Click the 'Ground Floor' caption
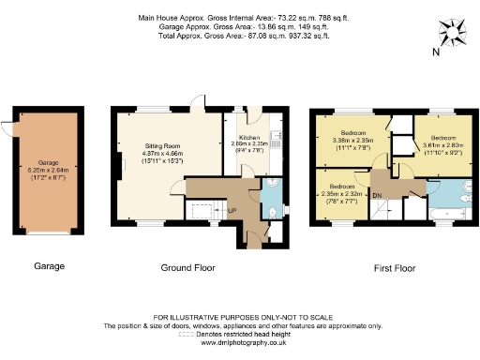point(187,267)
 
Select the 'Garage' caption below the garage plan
point(49,266)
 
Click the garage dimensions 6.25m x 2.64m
point(49,171)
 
